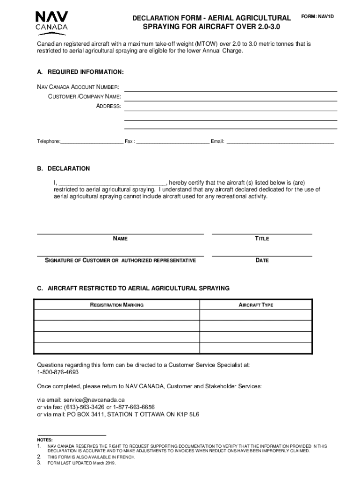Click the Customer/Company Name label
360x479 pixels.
[85, 96]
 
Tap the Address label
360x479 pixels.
[108, 106]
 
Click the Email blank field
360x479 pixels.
[280, 141]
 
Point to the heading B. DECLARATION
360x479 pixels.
[64, 168]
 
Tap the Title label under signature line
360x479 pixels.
[262, 239]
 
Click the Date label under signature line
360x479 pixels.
[262, 261]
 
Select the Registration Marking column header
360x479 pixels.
[116, 305]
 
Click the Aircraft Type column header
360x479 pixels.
[256, 305]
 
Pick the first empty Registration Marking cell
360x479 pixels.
[116, 315]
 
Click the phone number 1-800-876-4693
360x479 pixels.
[58, 372]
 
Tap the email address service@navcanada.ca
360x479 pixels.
[94, 400]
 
